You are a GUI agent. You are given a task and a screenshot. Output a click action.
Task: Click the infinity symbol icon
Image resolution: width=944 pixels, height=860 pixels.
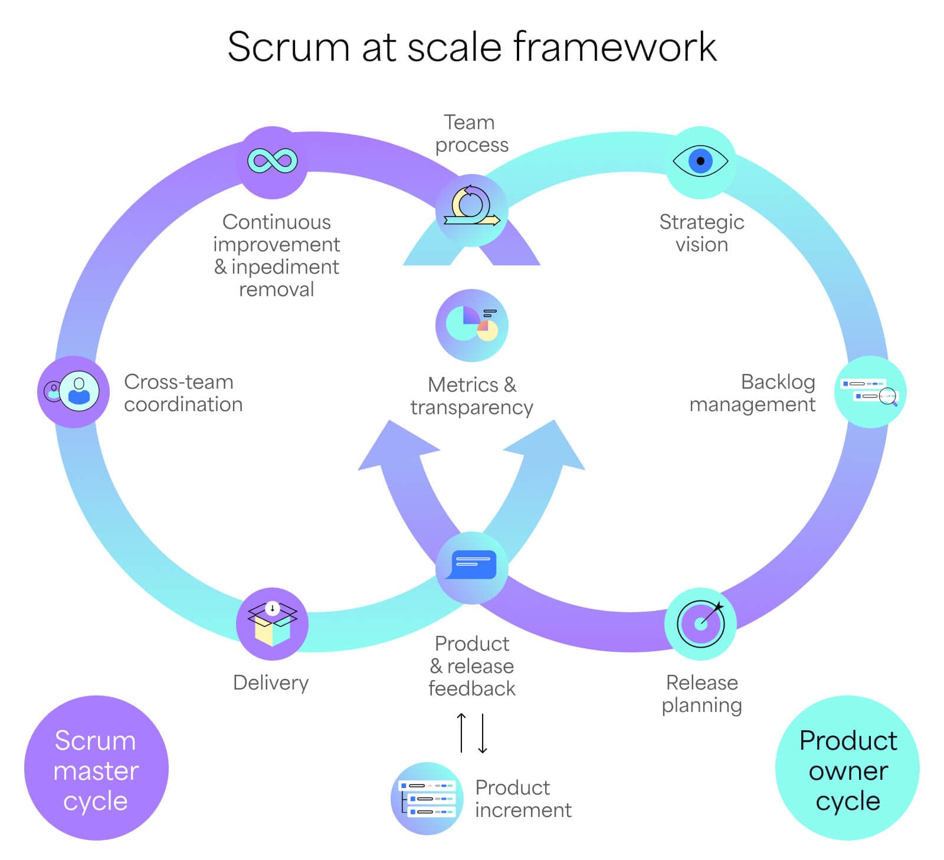click(x=272, y=161)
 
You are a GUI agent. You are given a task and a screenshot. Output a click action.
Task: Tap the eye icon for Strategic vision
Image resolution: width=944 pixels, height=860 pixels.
click(x=700, y=160)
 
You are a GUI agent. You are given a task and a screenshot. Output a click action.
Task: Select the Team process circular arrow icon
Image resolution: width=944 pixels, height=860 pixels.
click(x=472, y=209)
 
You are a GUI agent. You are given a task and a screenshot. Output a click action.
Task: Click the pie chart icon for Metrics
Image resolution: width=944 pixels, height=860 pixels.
click(x=472, y=325)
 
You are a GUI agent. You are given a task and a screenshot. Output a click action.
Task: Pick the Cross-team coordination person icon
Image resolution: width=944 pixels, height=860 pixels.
click(x=74, y=391)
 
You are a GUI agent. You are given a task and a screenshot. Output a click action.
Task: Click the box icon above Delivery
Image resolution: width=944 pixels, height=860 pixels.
click(x=272, y=623)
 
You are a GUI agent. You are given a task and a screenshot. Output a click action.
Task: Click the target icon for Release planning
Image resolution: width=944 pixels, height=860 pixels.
click(x=700, y=623)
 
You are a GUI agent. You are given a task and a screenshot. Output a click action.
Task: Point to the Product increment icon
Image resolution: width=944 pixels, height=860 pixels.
click(x=427, y=798)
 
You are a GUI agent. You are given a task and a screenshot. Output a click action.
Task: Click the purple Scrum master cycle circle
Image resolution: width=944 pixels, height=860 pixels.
click(x=96, y=768)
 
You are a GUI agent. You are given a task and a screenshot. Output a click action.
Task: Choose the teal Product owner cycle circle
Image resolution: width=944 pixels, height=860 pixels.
click(x=847, y=768)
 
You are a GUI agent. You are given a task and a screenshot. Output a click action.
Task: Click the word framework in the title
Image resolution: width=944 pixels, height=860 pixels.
click(x=615, y=47)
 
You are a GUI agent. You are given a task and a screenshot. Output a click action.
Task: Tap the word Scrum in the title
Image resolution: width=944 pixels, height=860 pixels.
click(x=289, y=47)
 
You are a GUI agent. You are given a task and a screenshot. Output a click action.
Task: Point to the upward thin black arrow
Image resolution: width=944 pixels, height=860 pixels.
click(x=461, y=733)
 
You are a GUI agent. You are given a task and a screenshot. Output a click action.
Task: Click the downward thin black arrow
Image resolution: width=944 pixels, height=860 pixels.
click(x=483, y=733)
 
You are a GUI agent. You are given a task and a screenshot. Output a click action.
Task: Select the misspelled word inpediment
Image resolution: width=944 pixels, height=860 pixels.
click(x=285, y=267)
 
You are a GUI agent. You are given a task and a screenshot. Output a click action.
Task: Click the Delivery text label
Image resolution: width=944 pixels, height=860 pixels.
click(x=271, y=682)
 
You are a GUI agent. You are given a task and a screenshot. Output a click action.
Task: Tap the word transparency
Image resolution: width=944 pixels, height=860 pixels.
click(x=472, y=407)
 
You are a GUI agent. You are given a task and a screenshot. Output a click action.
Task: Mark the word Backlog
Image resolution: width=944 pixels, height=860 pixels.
click(x=778, y=382)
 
